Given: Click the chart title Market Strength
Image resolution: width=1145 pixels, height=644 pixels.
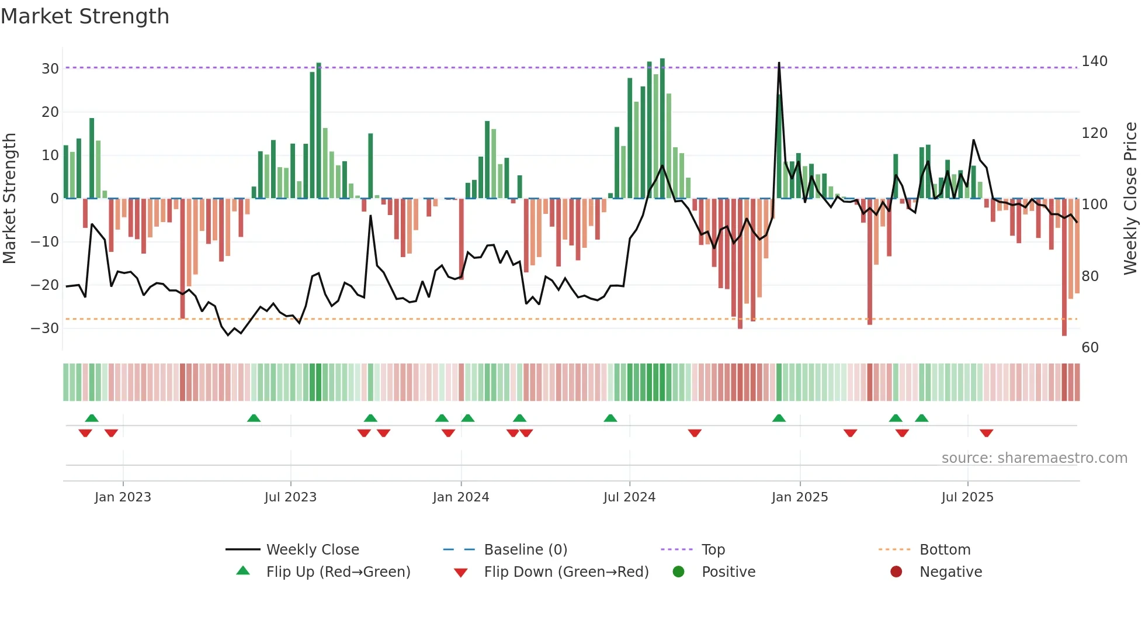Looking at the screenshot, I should [85, 16].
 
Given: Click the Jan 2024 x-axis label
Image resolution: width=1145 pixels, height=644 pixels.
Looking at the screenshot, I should [460, 497].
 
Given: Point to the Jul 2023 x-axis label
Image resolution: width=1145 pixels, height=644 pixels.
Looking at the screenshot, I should [290, 497].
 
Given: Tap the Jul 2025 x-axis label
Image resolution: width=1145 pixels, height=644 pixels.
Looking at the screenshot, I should [967, 497].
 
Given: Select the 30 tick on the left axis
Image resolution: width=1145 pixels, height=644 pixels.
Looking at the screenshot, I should [50, 69].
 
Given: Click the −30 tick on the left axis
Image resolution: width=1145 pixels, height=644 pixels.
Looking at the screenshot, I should [45, 328].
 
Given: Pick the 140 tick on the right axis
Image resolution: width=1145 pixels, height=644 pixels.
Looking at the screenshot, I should [1094, 61].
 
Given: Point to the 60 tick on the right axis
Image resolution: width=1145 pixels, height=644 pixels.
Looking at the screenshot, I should [1090, 348].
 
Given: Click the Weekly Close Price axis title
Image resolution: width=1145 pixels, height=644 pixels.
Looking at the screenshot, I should [1130, 199].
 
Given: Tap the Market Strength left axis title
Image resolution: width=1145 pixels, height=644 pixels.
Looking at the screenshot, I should [10, 199].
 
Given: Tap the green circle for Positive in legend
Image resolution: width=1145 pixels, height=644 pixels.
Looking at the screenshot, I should [678, 572].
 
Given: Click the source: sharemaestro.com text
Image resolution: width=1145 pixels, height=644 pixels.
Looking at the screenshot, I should [1034, 458].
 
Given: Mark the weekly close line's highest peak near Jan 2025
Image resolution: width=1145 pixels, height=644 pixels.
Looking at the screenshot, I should [779, 63].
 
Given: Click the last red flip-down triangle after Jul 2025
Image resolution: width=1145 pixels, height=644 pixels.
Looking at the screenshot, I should [986, 433].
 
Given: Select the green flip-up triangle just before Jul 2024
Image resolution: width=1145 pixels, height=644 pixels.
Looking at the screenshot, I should [610, 418].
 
